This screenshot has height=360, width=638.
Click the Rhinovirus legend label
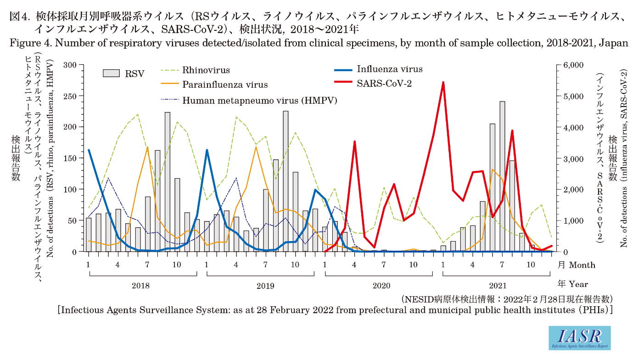click(206, 70)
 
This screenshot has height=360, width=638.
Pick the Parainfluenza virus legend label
click(225, 84)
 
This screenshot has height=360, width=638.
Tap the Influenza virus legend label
click(390, 69)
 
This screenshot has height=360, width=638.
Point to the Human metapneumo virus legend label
click(260, 100)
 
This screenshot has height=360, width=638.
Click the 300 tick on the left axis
click(71, 65)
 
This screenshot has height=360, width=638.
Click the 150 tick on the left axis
click(71, 158)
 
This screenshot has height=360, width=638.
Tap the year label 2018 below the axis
click(140, 286)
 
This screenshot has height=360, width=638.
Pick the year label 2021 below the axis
click(497, 286)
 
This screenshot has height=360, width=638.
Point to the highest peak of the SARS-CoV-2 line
click(443, 83)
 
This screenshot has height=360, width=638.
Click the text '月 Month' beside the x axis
click(576, 265)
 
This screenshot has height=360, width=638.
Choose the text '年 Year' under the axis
click(572, 284)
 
